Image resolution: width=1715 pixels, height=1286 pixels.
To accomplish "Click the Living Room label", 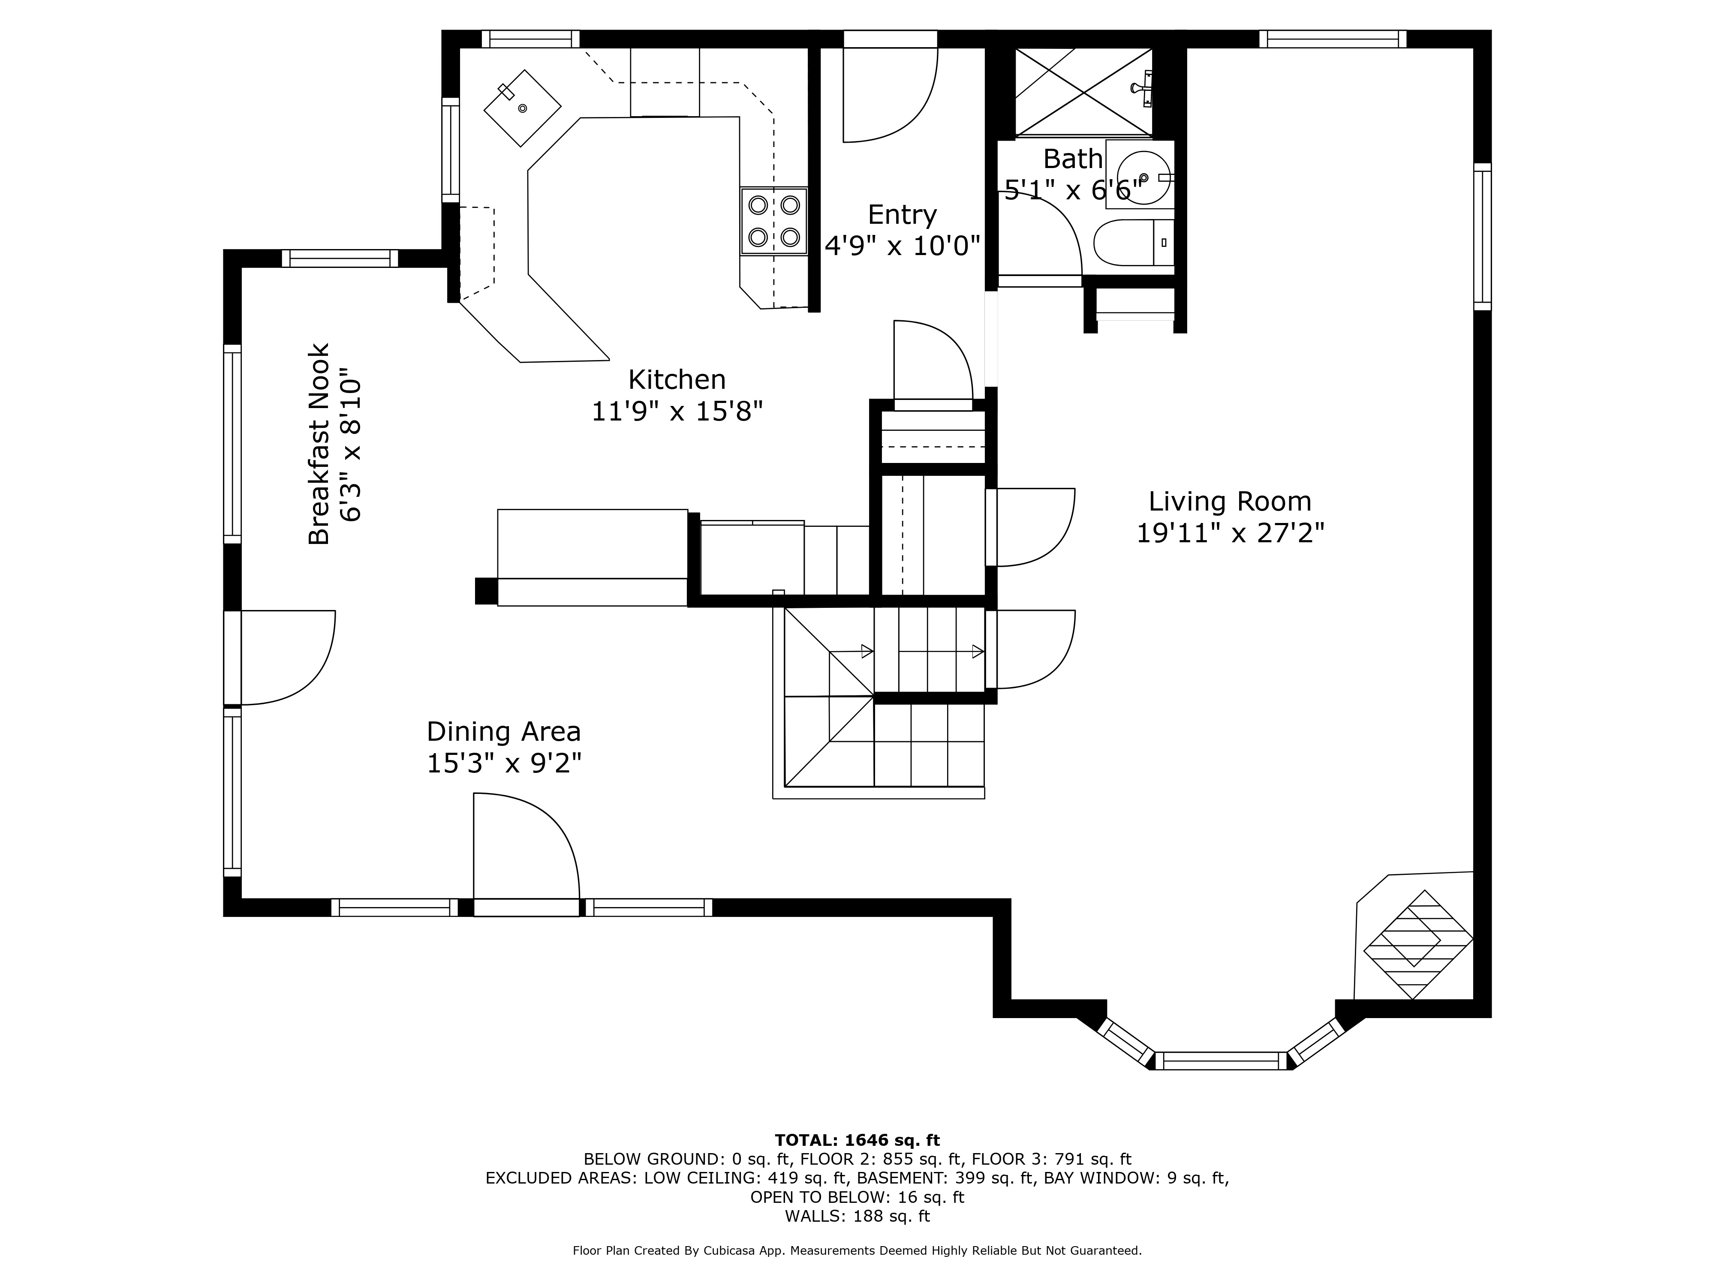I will coord(1230,502).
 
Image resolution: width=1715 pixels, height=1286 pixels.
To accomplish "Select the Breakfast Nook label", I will coord(319,444).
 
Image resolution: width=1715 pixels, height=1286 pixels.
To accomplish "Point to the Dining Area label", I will coord(503,732).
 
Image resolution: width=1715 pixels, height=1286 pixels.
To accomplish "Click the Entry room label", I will coord(902,215).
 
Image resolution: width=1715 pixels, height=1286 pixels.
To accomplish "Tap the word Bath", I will coord(1072,159).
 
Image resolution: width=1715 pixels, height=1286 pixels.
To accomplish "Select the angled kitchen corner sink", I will coord(522,108).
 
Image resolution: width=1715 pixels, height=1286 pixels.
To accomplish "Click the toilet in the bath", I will coord(1132,243).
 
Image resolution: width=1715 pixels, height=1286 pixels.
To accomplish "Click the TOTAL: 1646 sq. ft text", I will coord(857,1140).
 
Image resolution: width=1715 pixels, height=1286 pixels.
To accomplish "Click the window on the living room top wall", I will coord(1332,39).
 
